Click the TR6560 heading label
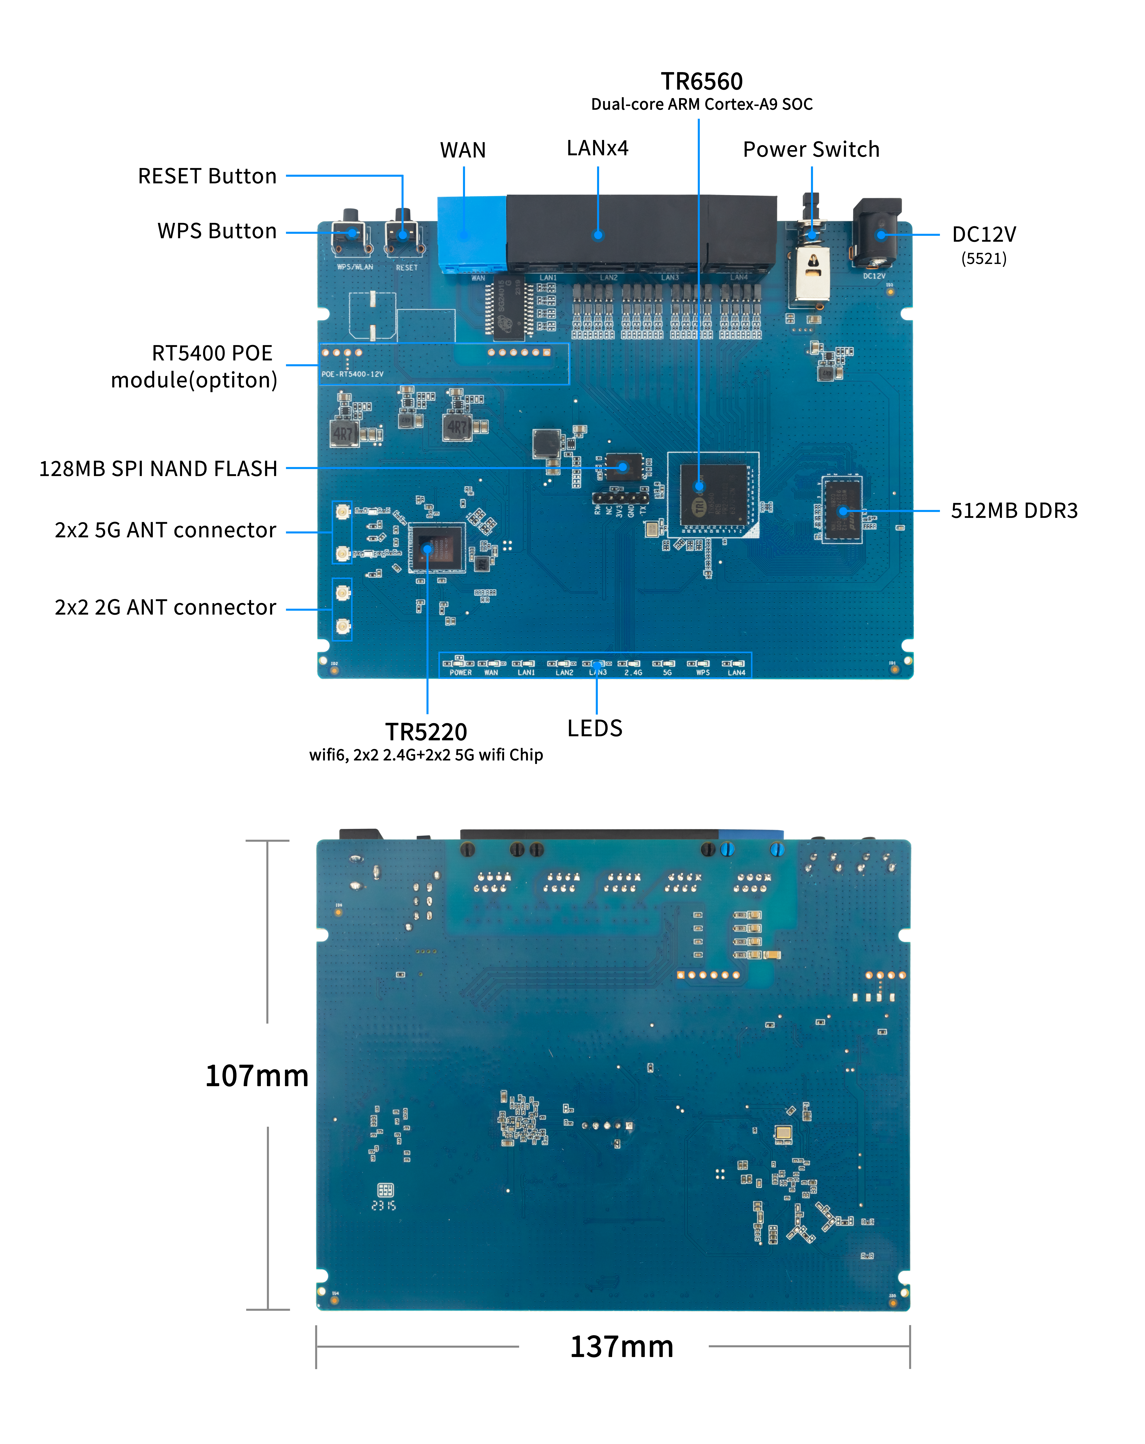[x=701, y=82]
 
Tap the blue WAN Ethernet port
[x=471, y=233]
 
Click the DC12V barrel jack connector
[x=877, y=234]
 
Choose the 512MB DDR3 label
[x=1014, y=511]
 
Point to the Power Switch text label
[x=811, y=149]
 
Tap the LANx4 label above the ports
[x=597, y=148]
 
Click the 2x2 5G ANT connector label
[x=165, y=531]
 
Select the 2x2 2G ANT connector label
[x=165, y=607]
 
